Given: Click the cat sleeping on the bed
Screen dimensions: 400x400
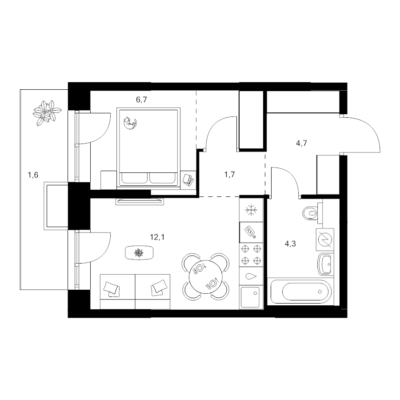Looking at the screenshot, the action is [130, 123].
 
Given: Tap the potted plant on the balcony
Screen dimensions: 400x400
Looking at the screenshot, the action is [48, 113].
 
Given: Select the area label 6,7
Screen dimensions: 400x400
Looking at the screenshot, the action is [141, 100].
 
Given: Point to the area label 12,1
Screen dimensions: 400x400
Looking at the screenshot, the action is [157, 237].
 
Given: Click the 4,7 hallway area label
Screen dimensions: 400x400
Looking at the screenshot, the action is [301, 143].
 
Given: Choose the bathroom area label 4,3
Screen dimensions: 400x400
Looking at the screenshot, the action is [290, 244].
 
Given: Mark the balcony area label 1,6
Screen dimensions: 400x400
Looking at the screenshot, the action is [33, 175].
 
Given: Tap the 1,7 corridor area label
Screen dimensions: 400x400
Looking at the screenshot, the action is [229, 175].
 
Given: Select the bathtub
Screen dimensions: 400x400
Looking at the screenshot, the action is [300, 291].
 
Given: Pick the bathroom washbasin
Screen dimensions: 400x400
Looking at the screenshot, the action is [326, 264].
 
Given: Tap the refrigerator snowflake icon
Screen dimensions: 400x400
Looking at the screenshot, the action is [251, 210].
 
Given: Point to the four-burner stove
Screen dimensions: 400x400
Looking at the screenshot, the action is [251, 255].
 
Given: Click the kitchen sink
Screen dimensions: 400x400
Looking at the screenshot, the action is [250, 297].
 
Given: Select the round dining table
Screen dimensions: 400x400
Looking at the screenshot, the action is [206, 276].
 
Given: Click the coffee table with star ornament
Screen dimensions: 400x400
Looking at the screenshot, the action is [139, 253].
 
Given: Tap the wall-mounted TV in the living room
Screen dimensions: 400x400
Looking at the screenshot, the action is [140, 201].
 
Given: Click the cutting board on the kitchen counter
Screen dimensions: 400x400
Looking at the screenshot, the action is [250, 232].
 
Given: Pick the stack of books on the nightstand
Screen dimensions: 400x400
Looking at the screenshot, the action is [188, 180].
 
